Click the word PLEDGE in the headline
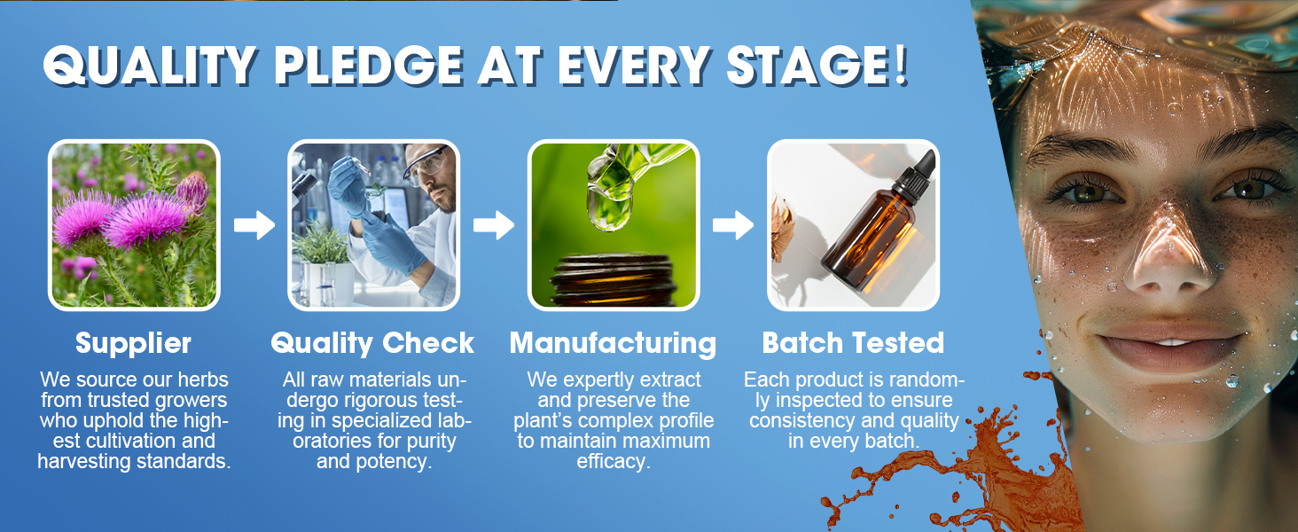(369, 66)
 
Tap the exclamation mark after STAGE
(900, 65)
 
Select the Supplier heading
(133, 344)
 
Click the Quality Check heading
(372, 344)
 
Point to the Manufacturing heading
(613, 344)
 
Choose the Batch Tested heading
(853, 343)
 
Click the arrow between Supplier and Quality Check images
(254, 225)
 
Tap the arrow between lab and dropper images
(494, 225)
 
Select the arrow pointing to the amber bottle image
(733, 225)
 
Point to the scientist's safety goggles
(426, 165)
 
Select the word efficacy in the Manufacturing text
(612, 462)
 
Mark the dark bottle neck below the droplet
(613, 280)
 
